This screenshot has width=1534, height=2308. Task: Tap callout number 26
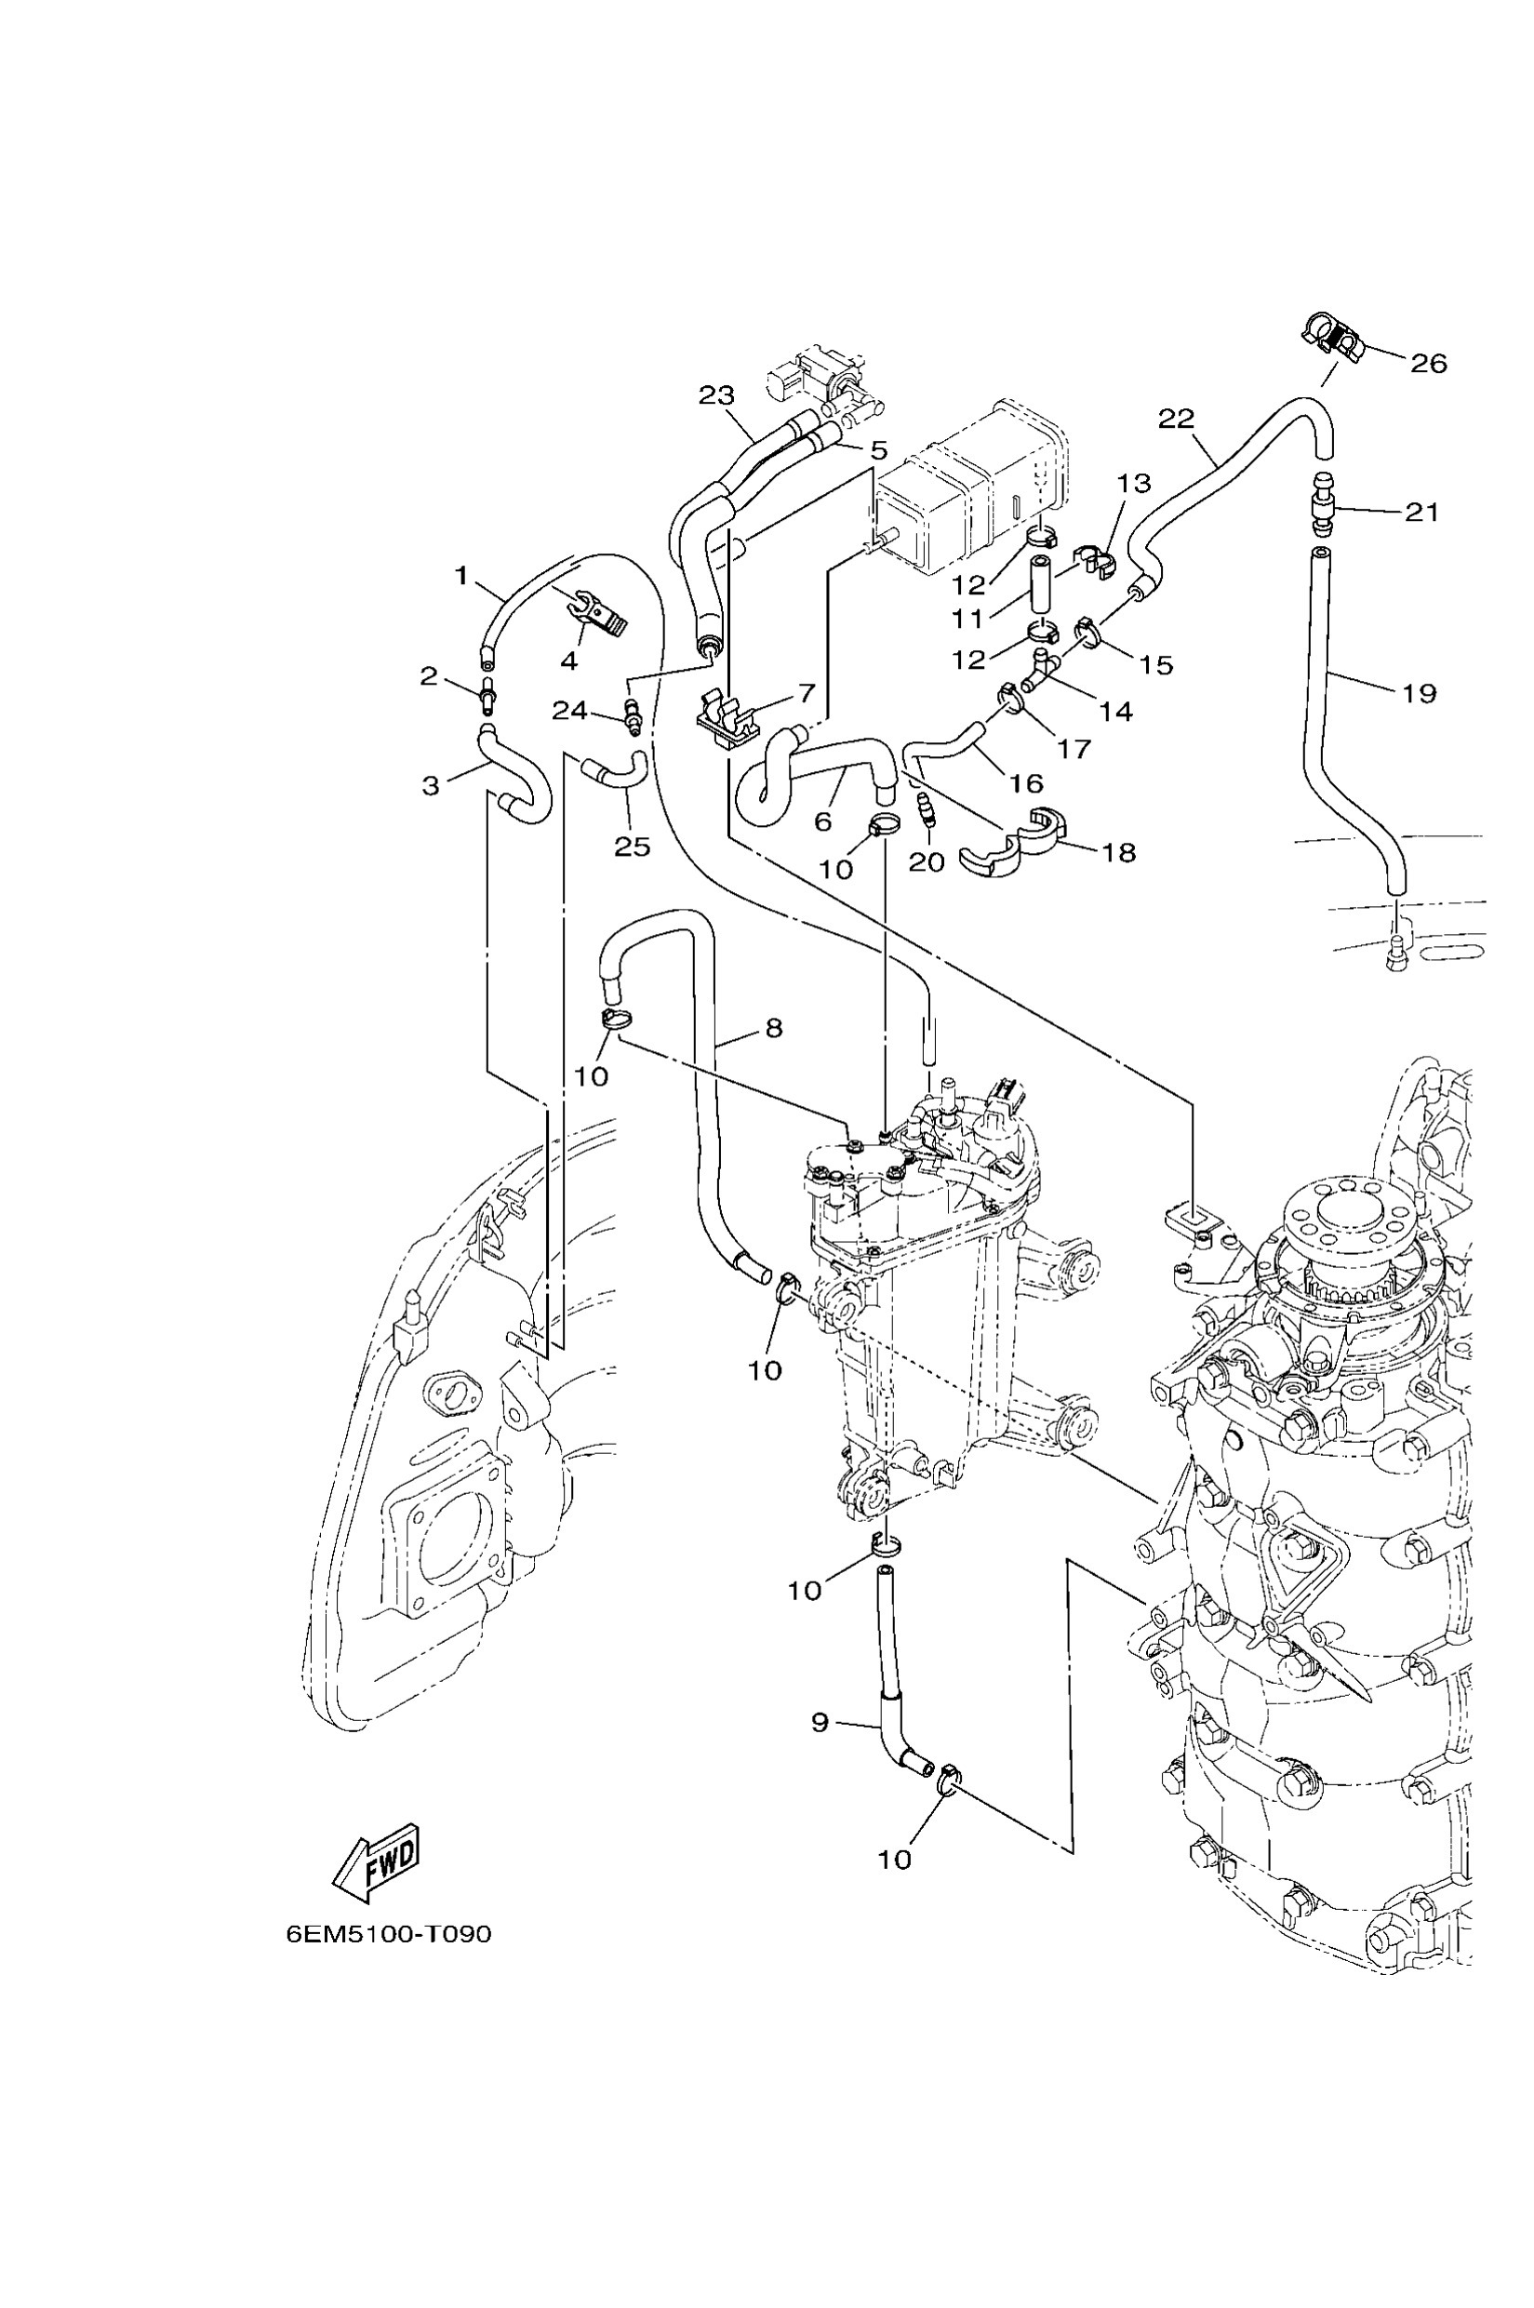[1427, 363]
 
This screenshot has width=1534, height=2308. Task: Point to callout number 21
[1421, 512]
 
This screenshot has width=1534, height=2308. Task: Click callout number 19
[1419, 694]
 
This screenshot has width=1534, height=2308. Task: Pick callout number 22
[1176, 419]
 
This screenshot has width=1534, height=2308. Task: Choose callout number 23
[716, 395]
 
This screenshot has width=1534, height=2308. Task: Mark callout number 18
[1119, 852]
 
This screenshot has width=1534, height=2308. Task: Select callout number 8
[773, 1027]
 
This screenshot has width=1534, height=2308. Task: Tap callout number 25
[632, 847]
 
